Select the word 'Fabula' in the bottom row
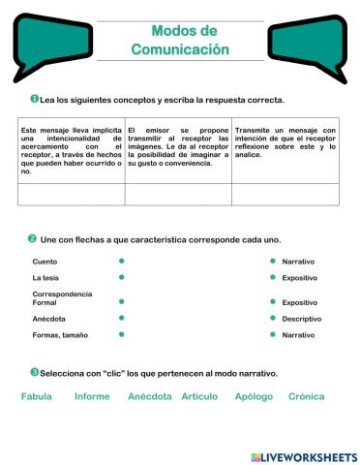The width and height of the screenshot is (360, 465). point(36,396)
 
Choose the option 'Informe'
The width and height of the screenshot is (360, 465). point(92,396)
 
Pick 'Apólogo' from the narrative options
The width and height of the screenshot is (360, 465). point(255,396)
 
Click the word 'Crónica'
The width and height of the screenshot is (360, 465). point(307,396)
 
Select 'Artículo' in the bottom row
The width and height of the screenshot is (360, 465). point(199,396)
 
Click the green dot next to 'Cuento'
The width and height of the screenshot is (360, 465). point(122,261)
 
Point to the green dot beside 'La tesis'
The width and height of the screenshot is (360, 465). point(122,277)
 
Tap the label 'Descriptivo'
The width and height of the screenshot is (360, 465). point(302,318)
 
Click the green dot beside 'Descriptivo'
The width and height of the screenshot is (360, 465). point(273,318)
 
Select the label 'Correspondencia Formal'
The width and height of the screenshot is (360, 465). point(63,298)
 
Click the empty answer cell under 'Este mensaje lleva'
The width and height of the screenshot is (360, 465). point(72,194)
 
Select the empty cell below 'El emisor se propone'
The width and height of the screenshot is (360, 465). point(178,194)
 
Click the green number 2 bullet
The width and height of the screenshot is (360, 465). point(32,238)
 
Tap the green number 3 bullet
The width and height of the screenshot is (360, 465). point(34,372)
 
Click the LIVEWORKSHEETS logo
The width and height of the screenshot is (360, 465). point(304,456)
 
